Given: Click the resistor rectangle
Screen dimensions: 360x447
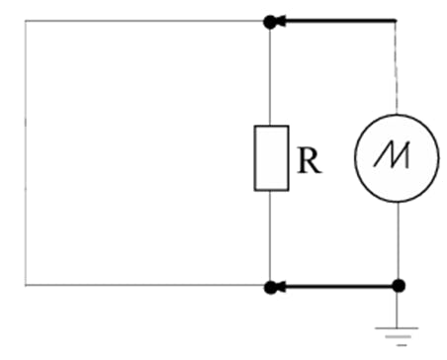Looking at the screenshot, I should (270, 157).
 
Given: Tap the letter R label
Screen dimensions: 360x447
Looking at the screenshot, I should (309, 161).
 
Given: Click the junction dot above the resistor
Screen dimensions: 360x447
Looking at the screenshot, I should (270, 20).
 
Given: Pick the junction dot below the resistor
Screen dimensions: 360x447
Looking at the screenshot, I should (270, 287).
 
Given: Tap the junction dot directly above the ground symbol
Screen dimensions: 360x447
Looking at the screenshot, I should (398, 287).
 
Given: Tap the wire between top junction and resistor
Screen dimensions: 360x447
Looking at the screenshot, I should (270, 74).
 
